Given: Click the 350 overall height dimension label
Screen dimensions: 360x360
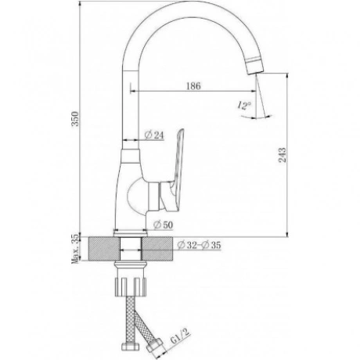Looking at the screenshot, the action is tap(75, 119).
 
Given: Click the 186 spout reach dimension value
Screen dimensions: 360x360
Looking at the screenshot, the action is tap(193, 86).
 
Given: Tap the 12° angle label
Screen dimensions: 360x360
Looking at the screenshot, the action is tap(244, 105).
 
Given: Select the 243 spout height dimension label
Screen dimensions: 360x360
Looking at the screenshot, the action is tap(283, 155).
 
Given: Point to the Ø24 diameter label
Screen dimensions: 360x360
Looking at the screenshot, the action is tap(154, 135).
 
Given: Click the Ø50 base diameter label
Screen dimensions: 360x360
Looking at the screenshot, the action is tap(163, 225).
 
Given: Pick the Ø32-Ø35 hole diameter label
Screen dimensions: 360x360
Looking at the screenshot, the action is tap(199, 245).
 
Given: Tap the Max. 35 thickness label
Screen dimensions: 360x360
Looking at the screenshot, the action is tap(75, 249).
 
